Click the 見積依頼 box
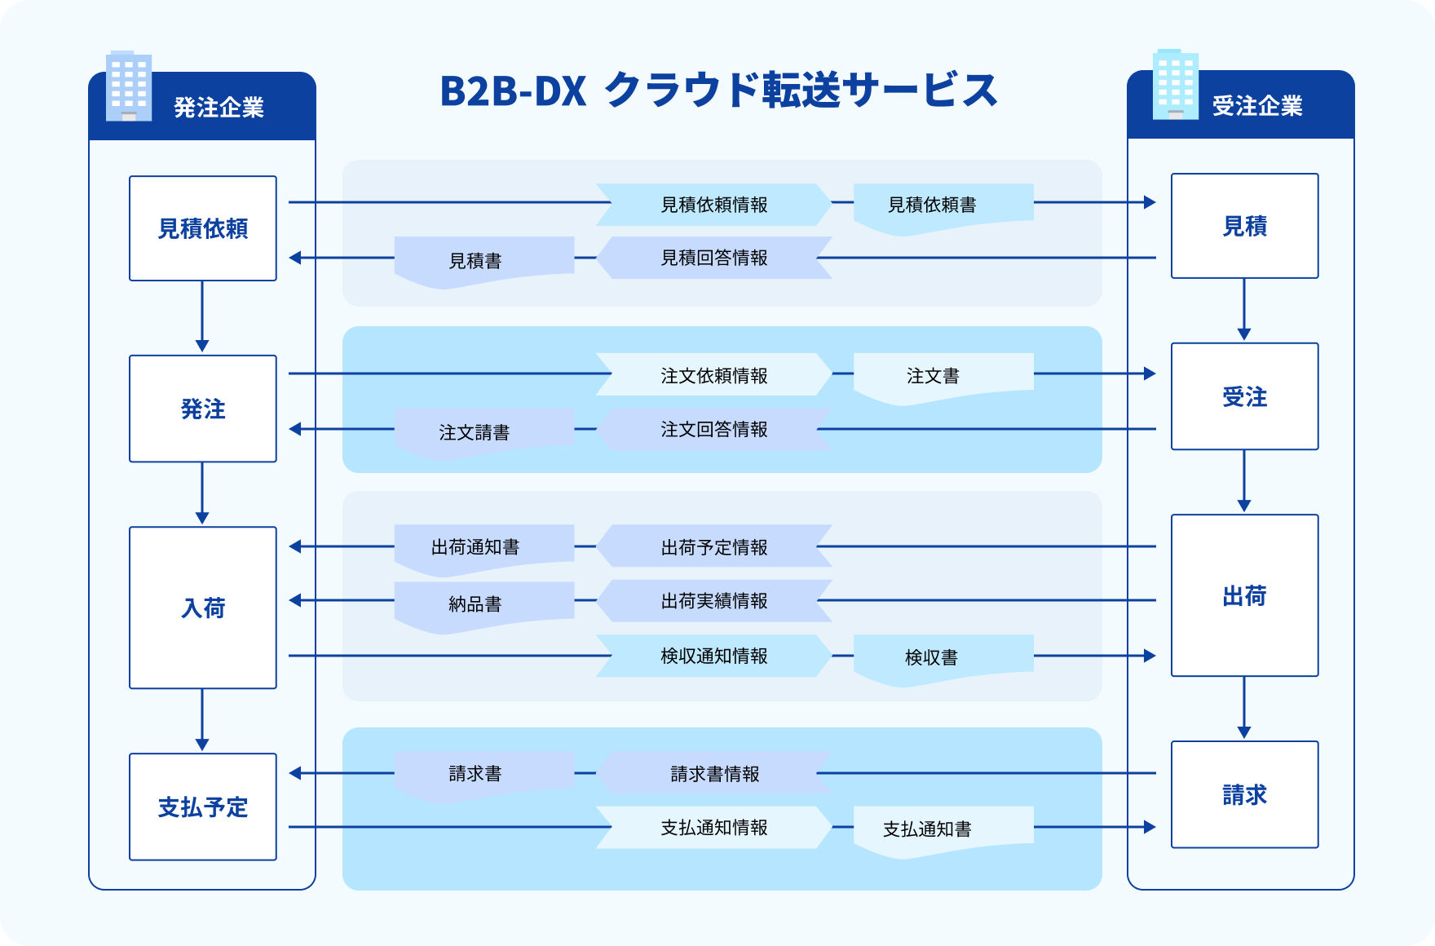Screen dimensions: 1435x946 point(203,228)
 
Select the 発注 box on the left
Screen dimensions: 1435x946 point(203,409)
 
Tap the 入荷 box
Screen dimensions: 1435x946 point(203,608)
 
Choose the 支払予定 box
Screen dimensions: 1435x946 point(203,807)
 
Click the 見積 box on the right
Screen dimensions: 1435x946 point(1245,226)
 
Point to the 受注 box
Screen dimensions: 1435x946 point(1245,396)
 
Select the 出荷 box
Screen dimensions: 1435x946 point(1245,595)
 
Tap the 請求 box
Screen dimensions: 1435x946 point(1245,794)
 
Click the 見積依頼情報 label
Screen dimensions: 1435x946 point(714,205)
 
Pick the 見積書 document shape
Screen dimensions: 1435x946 point(484,262)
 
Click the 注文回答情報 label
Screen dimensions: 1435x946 point(714,429)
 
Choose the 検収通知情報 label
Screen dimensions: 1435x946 point(714,656)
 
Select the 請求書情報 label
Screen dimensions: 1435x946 point(714,773)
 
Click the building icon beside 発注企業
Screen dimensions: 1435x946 point(129,86)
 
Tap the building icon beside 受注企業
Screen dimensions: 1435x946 point(1176,85)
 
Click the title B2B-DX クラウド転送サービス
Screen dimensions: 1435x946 point(718,90)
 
